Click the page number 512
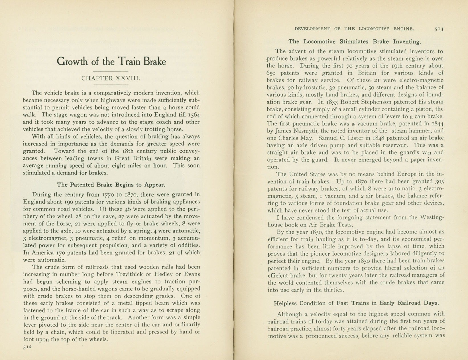pyautogui.click(x=27, y=347)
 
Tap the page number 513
pyautogui.click(x=439, y=29)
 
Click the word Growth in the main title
pyautogui.click(x=72, y=62)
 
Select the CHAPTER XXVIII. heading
pyautogui.click(x=111, y=78)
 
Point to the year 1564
pyautogui.click(x=194, y=115)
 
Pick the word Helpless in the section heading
pyautogui.click(x=286, y=303)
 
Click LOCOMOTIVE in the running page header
pyautogui.click(x=374, y=29)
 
